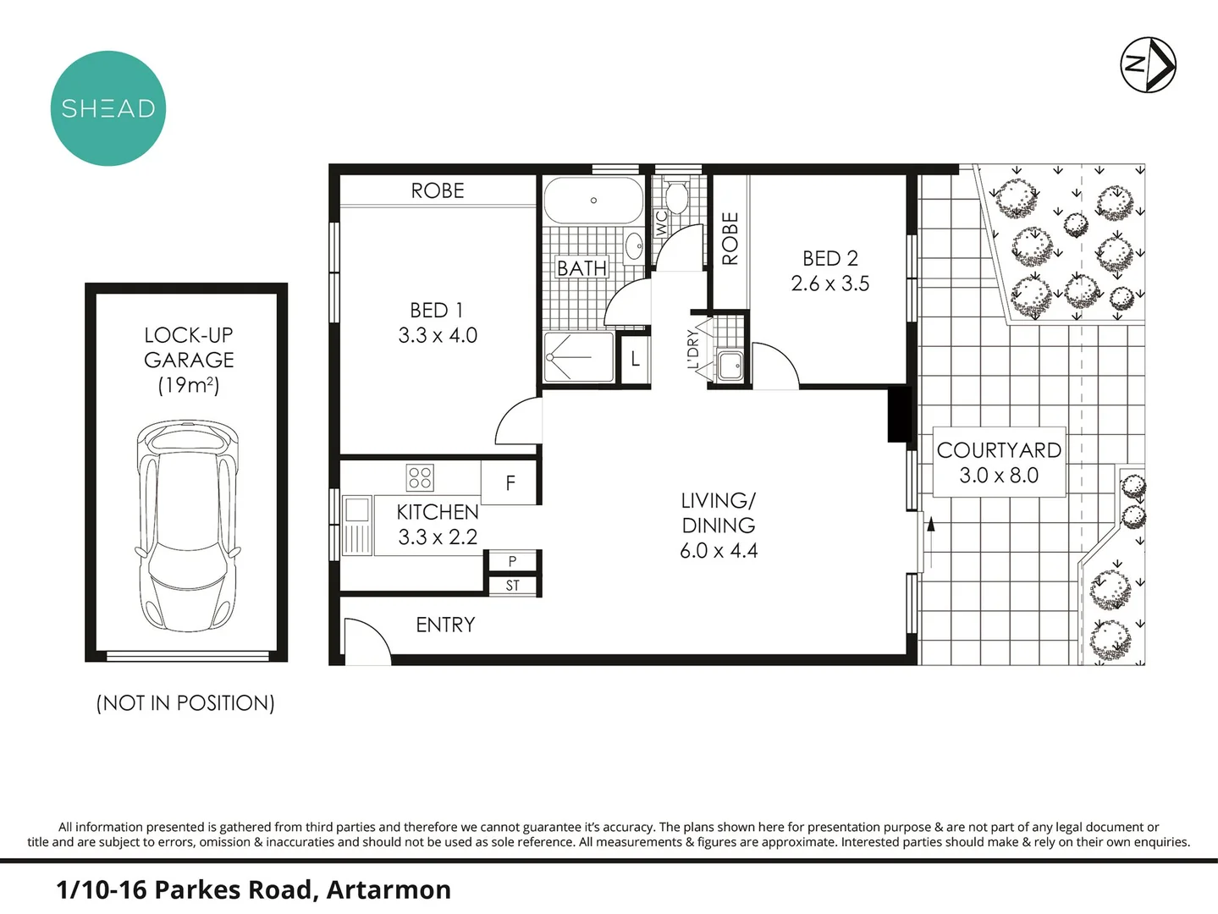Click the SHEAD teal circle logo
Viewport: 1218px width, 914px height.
pos(107,108)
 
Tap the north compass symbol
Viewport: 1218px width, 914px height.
pos(1148,64)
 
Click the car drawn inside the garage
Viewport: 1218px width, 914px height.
pos(187,525)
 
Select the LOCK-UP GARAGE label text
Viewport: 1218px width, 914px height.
pos(189,348)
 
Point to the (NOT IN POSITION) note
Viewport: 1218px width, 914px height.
pos(185,703)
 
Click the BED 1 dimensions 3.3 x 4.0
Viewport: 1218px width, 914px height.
pos(438,336)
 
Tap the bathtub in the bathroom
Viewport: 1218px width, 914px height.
pos(592,200)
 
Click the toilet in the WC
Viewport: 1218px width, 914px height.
pos(675,197)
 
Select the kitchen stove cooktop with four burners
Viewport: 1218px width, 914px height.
pos(420,477)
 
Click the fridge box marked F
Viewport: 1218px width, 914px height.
pos(510,482)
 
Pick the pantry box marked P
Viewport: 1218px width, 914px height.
pos(512,561)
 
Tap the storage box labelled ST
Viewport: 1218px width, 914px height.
pos(512,586)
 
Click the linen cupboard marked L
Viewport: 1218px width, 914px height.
pos(635,360)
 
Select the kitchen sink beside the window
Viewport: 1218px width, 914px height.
pos(356,510)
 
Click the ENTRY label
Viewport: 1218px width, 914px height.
pos(445,625)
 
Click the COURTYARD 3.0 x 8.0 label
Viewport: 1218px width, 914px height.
pos(999,463)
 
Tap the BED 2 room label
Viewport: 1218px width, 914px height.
pos(829,259)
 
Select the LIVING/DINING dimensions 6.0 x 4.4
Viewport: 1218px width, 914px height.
pos(719,551)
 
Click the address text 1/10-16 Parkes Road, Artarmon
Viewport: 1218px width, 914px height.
pos(253,889)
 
